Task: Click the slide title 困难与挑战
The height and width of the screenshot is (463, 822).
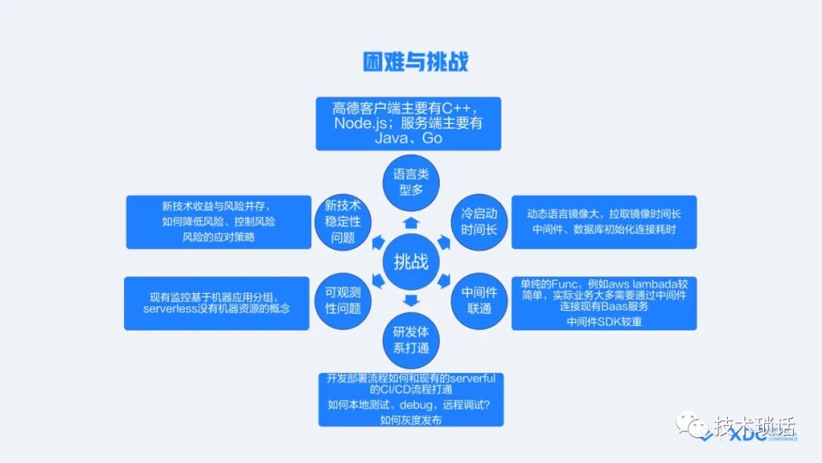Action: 415,60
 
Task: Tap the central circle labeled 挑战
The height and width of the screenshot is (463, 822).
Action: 411,263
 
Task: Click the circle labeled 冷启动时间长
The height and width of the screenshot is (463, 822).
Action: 479,220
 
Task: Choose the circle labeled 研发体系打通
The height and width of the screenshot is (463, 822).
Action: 411,340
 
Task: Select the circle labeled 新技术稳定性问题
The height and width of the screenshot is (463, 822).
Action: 342,221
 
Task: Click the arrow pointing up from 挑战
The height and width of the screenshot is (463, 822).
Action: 411,222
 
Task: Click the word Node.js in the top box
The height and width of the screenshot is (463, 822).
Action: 362,123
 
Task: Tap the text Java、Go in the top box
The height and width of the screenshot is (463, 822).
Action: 408,139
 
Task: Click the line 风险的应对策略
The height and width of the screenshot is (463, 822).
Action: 218,237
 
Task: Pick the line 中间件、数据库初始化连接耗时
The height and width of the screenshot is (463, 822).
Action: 604,229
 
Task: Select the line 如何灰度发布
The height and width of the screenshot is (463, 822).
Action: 410,420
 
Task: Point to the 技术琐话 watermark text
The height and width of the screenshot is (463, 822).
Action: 753,424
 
